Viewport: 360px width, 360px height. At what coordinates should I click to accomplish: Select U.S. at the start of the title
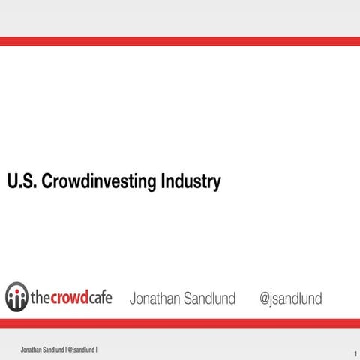click(x=20, y=182)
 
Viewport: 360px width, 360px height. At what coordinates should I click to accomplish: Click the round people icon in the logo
click(x=16, y=297)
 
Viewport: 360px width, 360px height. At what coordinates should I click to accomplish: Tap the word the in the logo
click(x=40, y=298)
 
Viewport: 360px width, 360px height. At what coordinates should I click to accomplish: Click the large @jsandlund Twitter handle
click(x=290, y=298)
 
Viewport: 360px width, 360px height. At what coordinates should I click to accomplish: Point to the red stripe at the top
click(x=180, y=41)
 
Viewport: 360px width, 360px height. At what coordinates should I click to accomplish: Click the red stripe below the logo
click(x=180, y=322)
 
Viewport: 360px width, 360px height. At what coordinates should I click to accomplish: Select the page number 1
click(x=352, y=353)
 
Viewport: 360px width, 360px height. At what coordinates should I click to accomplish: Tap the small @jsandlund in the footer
click(x=82, y=350)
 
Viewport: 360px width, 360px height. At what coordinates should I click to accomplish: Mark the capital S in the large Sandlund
click(x=187, y=298)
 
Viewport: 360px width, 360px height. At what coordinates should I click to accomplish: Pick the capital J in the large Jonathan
click(x=133, y=298)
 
